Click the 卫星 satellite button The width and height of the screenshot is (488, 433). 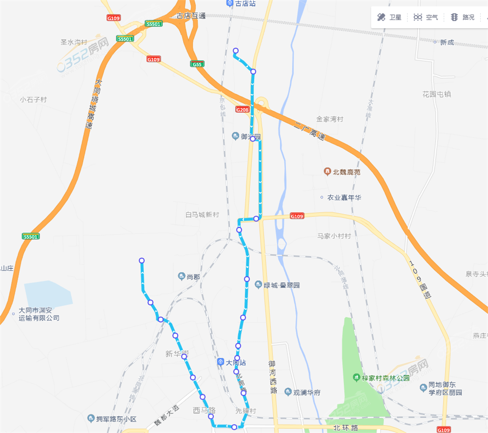click(389, 18)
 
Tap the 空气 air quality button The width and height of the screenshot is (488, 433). click(426, 18)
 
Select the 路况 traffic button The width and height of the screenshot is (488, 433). click(462, 18)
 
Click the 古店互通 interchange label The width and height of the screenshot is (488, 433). click(191, 16)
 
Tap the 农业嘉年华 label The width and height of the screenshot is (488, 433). click(344, 198)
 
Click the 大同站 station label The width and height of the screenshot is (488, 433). click(236, 363)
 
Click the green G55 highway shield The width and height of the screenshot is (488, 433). click(198, 64)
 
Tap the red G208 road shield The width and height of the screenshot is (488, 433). click(242, 109)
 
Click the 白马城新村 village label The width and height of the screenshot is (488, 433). click(202, 215)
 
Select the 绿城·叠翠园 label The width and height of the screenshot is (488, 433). click(282, 285)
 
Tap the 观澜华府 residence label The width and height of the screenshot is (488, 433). click(306, 392)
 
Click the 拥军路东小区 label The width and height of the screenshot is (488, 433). click(116, 419)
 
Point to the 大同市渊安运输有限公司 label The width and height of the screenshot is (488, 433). click(39, 314)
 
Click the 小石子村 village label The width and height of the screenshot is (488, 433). click(33, 99)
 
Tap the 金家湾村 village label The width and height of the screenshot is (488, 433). click(330, 119)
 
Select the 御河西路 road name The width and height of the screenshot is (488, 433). click(273, 377)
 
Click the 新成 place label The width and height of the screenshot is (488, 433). click(447, 42)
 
